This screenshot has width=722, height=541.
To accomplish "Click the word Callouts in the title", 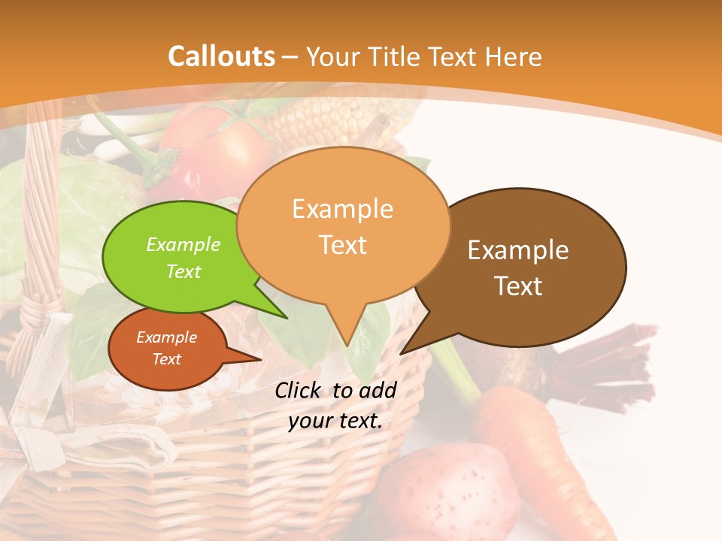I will (221, 56).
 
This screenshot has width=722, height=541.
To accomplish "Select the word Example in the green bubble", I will (184, 244).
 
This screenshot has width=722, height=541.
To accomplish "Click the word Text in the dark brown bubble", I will (518, 286).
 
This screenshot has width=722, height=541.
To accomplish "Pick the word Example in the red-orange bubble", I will (166, 337).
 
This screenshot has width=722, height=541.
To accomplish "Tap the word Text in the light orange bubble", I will (343, 245).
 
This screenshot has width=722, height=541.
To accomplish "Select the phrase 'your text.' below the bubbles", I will (335, 421).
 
